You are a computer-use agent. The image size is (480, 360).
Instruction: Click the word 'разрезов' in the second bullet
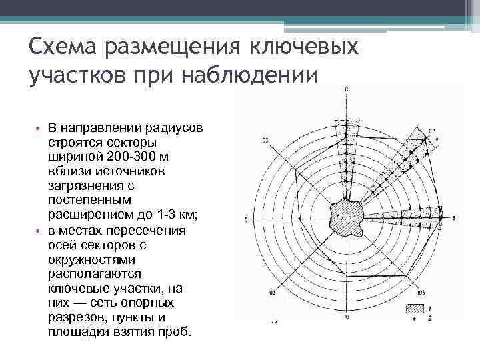click(75, 317)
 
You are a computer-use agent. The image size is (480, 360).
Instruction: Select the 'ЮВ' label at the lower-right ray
click(421, 292)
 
